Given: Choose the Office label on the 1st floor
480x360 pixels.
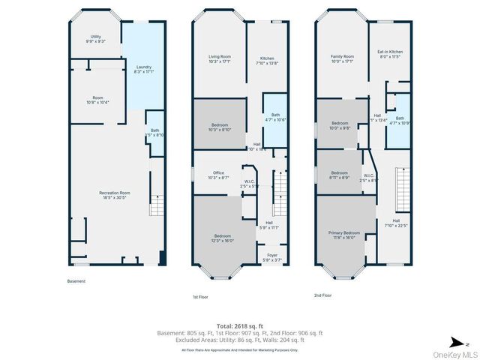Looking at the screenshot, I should point(218,175).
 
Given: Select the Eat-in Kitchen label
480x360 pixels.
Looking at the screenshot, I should point(390,54).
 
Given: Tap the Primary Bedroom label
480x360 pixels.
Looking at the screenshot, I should point(345,235).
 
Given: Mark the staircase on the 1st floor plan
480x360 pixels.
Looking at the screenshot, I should point(279,191).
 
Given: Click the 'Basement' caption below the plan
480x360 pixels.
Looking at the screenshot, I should point(76,281).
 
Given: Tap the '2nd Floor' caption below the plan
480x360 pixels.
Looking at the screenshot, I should point(322,295).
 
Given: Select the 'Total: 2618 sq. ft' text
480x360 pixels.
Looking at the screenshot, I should point(239,326).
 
